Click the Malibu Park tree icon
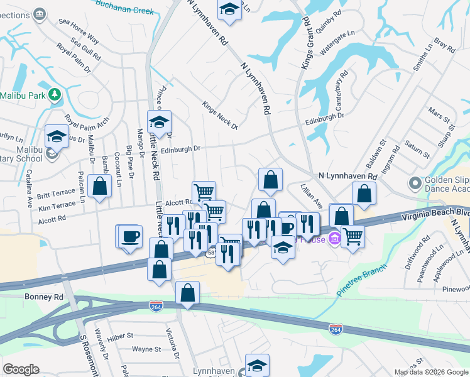56,95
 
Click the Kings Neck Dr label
220,115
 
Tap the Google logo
21,369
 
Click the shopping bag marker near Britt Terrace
99,185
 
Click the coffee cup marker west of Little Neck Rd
130,236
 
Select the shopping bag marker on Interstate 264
188,293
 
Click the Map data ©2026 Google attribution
430,372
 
